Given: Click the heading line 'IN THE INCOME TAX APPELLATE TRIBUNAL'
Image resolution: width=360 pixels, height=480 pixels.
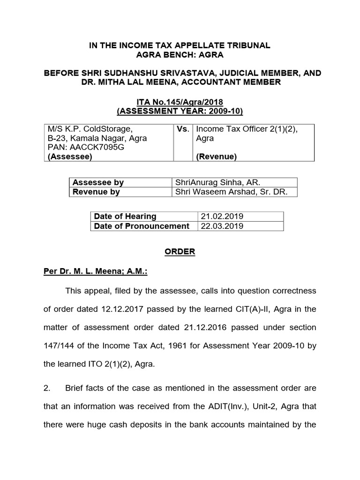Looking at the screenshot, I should click(180, 45).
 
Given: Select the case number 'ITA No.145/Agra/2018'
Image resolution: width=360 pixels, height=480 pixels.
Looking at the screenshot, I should click(180, 102).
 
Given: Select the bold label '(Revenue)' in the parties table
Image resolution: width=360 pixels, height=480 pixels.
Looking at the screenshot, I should click(216, 157).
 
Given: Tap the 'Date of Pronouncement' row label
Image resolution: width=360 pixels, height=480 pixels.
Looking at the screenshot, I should click(142, 226).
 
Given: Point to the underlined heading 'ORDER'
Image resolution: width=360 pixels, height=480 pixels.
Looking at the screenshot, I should click(180, 252).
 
